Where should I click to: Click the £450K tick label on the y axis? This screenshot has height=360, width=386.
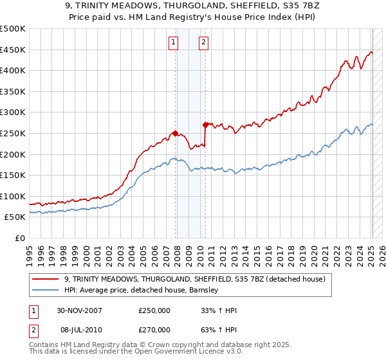(x=13, y=50)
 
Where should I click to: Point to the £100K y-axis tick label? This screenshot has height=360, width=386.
(x=13, y=196)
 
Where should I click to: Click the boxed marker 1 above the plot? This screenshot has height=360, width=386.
(x=174, y=43)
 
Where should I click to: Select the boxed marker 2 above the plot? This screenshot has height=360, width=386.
(x=203, y=43)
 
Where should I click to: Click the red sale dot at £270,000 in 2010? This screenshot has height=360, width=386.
(x=205, y=125)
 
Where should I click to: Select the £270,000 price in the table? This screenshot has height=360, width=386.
(x=154, y=329)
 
